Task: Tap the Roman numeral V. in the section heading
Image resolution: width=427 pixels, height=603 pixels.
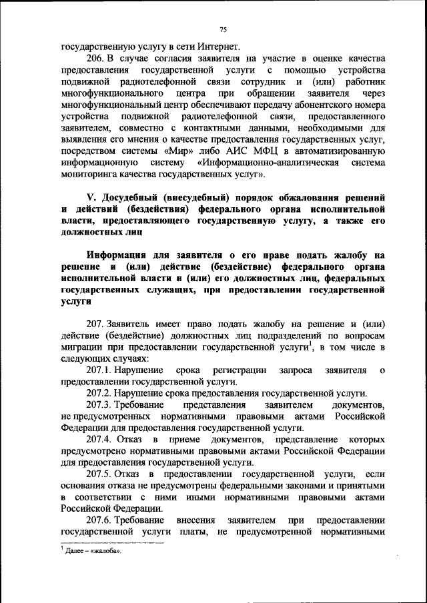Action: click(92, 199)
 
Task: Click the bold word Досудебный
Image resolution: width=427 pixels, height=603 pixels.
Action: click(131, 199)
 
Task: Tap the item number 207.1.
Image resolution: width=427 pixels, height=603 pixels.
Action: click(98, 370)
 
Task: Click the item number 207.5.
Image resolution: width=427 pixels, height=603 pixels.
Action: click(98, 474)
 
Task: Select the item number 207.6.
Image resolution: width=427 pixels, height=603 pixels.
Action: click(98, 520)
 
